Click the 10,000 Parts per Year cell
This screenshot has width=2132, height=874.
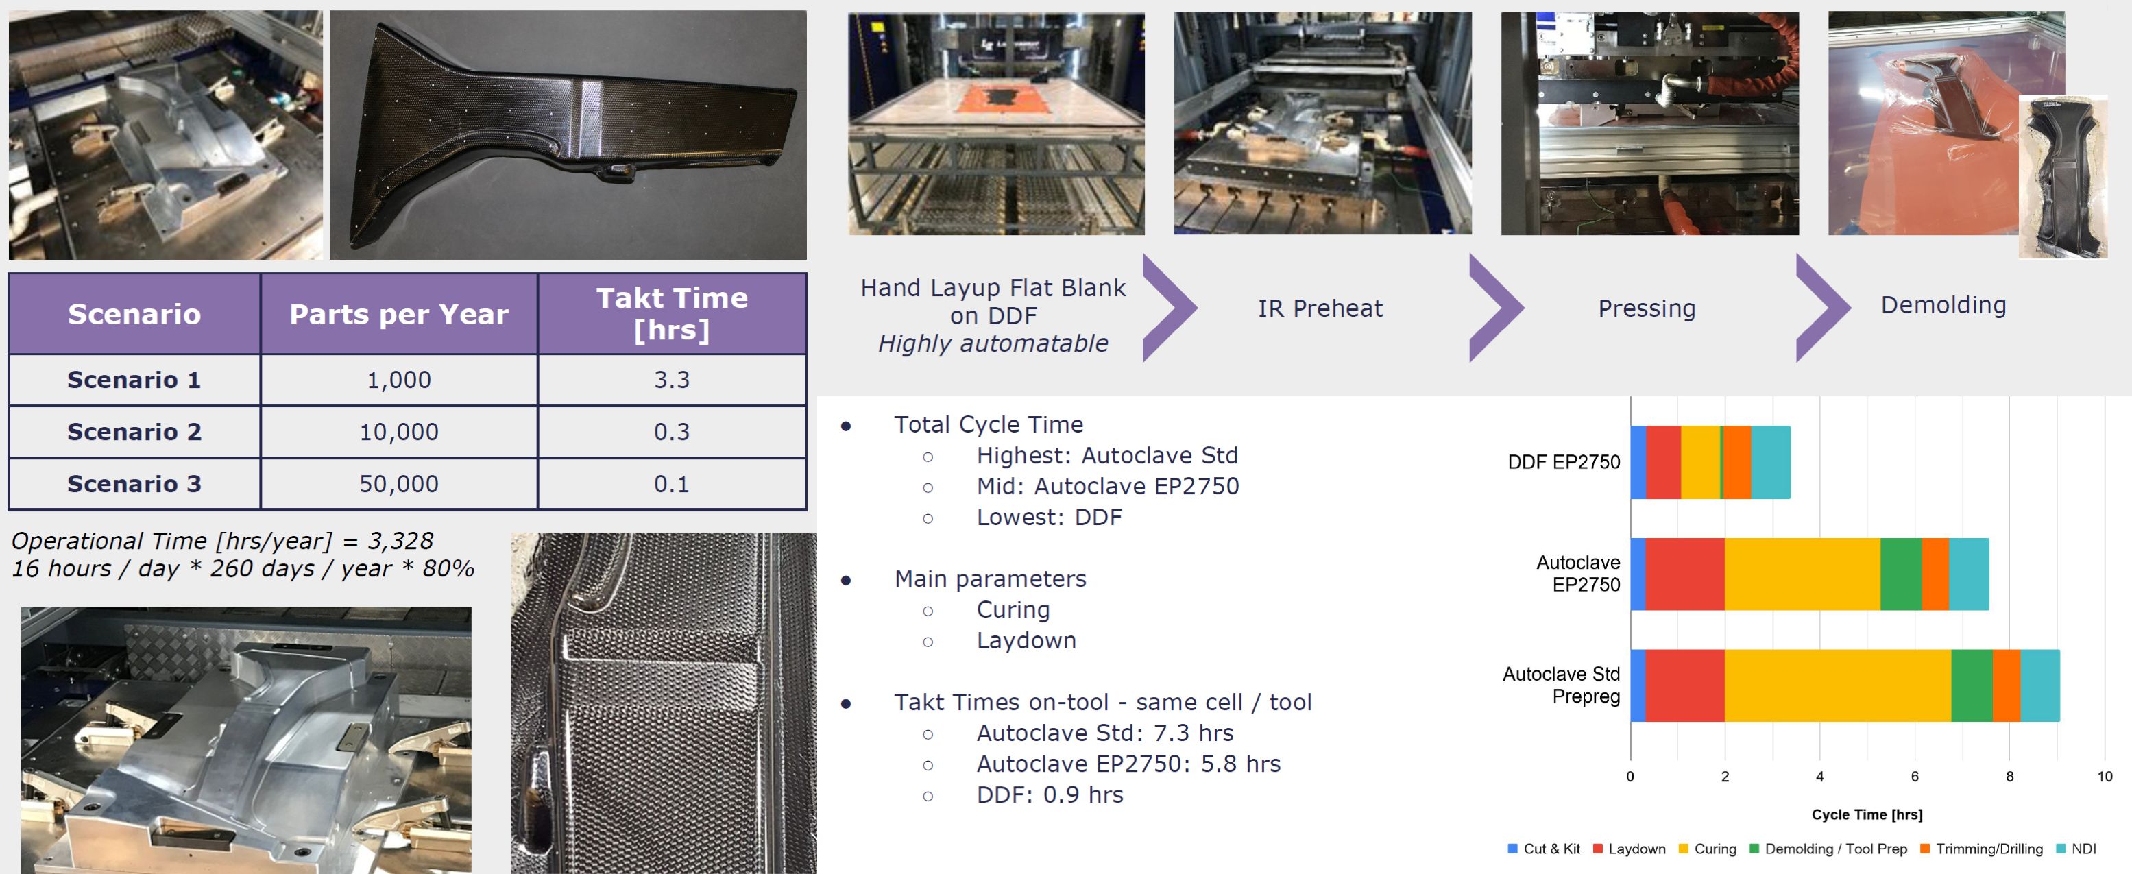[x=398, y=432]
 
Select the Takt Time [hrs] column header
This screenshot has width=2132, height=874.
[x=671, y=314]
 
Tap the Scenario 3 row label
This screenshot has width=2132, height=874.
[x=134, y=484]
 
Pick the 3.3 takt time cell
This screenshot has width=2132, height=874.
[x=671, y=380]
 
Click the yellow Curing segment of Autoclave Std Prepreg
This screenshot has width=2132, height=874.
[x=1837, y=685]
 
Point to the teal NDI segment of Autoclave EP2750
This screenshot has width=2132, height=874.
[x=1968, y=574]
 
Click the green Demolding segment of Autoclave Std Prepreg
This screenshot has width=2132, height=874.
[x=1972, y=685]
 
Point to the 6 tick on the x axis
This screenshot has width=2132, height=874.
[x=1914, y=777]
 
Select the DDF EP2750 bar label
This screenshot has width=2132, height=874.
[x=1564, y=462]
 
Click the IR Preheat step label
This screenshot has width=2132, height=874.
[x=1320, y=308]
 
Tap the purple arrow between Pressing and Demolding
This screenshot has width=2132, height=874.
[x=1821, y=308]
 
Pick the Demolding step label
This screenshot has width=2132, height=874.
[x=1943, y=306]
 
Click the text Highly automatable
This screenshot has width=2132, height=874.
[x=993, y=343]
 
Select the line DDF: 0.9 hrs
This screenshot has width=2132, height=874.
[x=1050, y=794]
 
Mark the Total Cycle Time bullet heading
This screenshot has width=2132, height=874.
[x=989, y=424]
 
